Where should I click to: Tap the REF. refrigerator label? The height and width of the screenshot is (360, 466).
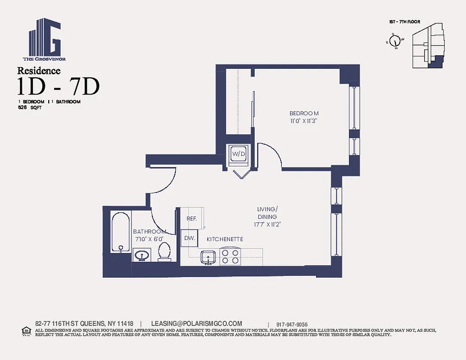[x=191, y=218]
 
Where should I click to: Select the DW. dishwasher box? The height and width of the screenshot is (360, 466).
[x=190, y=238]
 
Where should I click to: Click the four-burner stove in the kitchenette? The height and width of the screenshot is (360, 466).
[x=230, y=256]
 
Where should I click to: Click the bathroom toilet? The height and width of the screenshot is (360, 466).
[x=164, y=252]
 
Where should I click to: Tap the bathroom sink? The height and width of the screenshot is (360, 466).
[x=142, y=256]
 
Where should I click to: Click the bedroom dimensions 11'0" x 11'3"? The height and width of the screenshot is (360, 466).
[x=304, y=121]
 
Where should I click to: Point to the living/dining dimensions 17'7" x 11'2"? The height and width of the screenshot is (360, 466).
[x=267, y=224]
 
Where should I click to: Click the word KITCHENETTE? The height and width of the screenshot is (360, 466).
[x=225, y=239]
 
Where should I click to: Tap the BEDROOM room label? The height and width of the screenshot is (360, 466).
[x=304, y=113]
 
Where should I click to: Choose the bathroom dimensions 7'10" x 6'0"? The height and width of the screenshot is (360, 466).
[x=149, y=239]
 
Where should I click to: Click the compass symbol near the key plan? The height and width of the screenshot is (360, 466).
[x=395, y=41]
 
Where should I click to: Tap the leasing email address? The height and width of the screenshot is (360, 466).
[x=196, y=324]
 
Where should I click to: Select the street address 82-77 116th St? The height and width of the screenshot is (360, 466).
[x=84, y=324]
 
